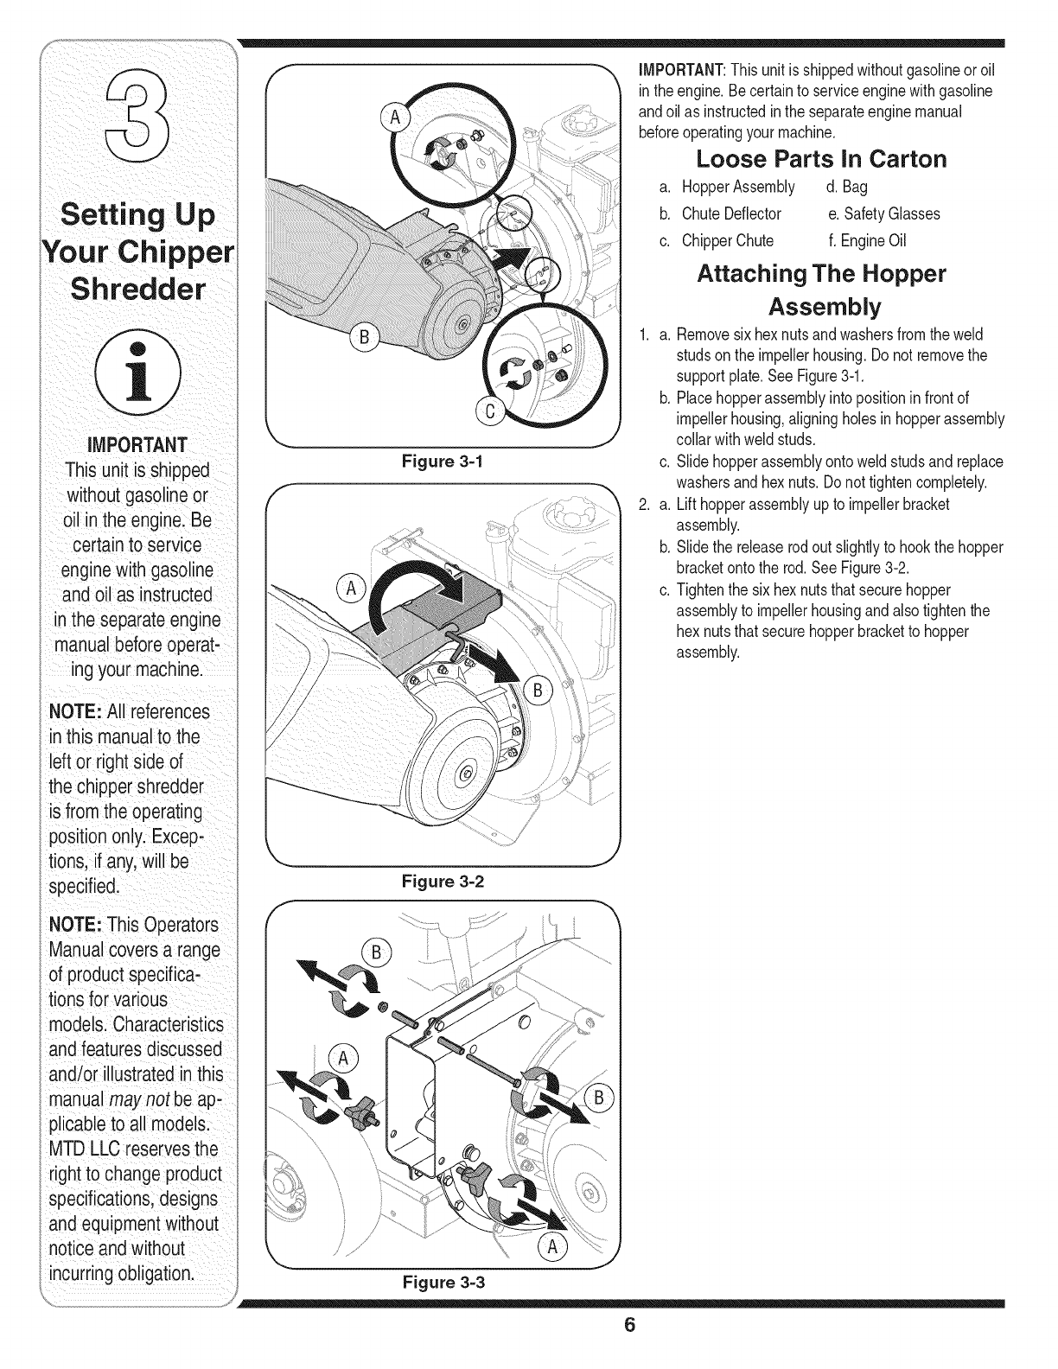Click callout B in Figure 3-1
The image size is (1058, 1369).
click(364, 335)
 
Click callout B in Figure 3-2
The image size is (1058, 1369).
click(537, 691)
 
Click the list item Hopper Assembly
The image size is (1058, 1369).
click(737, 188)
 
